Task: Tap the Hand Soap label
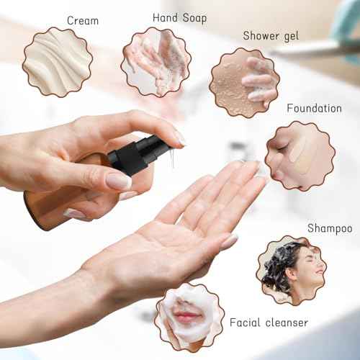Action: pyautogui.click(x=179, y=17)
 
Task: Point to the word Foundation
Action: pyautogui.click(x=314, y=108)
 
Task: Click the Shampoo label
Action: pyautogui.click(x=330, y=228)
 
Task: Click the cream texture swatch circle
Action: pyautogui.click(x=57, y=62)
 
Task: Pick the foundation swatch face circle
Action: pyautogui.click(x=300, y=156)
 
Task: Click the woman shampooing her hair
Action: pyautogui.click(x=291, y=270)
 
